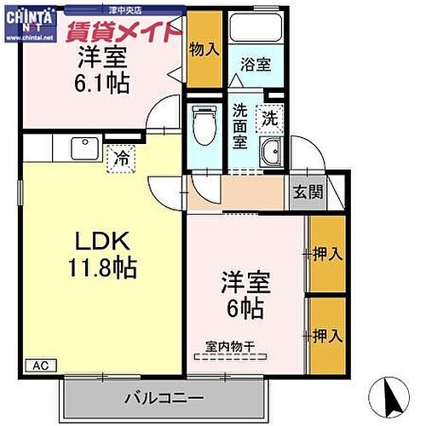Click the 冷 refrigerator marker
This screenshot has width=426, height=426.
coord(120,157)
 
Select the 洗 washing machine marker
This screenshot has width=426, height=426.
coord(269,118)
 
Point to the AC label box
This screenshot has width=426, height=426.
coord(41,366)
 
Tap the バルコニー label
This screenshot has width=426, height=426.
coord(164,397)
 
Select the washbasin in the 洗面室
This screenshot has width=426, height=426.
coord(272,153)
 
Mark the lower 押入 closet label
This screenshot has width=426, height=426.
coord(328,334)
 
